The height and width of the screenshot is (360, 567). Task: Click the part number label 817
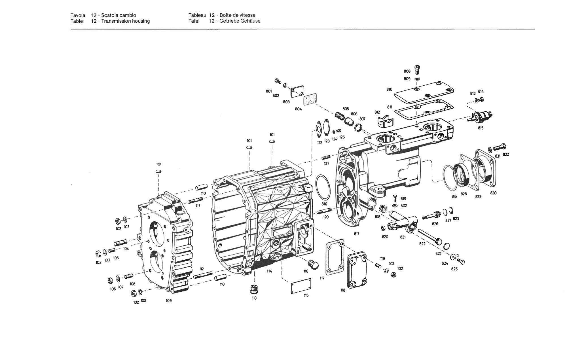(356, 234)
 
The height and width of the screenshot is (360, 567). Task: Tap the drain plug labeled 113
(254, 289)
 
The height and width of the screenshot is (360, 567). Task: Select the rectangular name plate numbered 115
(301, 286)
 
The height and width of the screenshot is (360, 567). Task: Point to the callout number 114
(269, 271)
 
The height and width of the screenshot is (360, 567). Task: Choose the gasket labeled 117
(335, 257)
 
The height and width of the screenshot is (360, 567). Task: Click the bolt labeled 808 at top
(417, 69)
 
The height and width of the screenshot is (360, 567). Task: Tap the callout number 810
(389, 89)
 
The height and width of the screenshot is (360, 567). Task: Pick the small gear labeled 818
(383, 209)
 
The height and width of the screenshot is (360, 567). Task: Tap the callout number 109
(169, 300)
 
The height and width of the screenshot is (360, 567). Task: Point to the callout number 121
(326, 164)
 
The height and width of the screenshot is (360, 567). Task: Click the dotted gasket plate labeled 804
(310, 100)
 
